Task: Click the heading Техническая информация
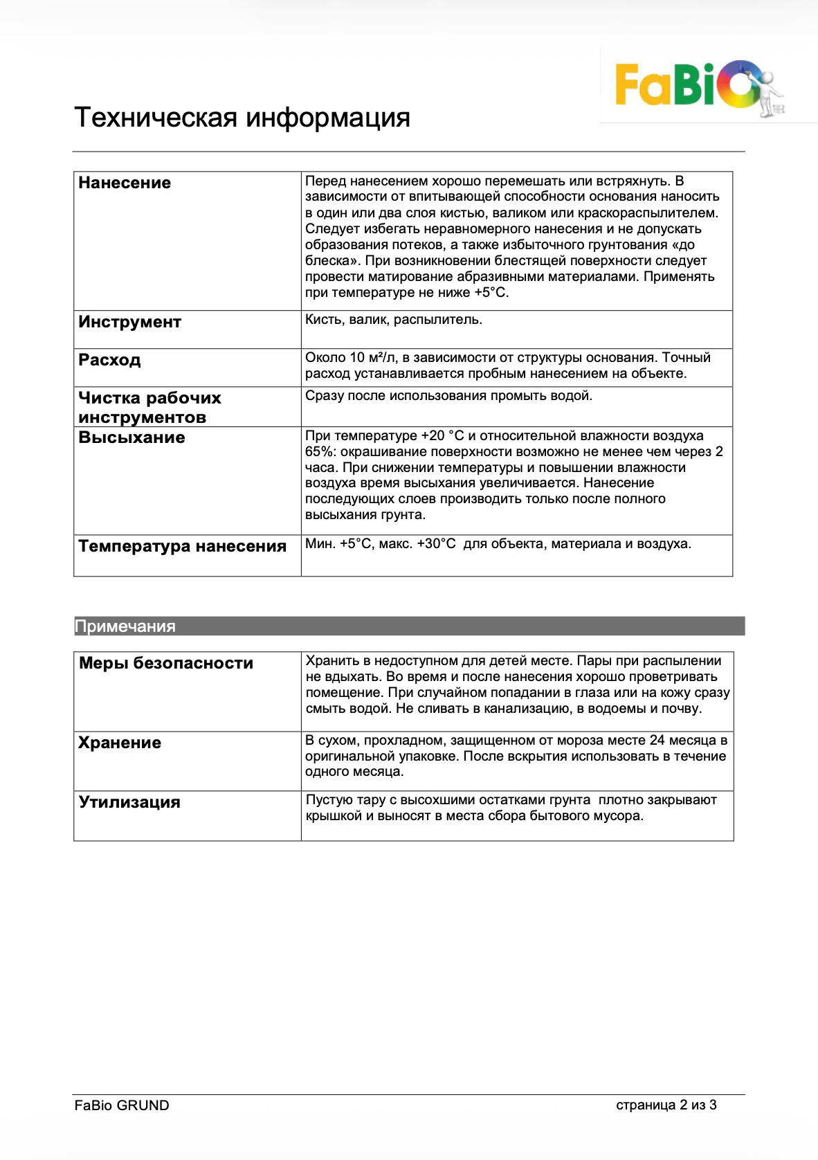[242, 118]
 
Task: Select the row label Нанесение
[125, 183]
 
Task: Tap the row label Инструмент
[130, 322]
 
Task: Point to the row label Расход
[109, 360]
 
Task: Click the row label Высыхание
[131, 437]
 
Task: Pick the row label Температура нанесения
[182, 546]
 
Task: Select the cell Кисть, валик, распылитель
[394, 320]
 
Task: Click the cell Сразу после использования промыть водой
[448, 396]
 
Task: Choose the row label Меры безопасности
[166, 663]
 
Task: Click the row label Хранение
[120, 743]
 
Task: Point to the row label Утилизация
[129, 802]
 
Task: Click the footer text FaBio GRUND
[122, 1105]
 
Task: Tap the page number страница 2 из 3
[666, 1105]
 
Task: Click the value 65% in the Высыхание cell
[321, 452]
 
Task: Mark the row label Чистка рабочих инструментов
[149, 408]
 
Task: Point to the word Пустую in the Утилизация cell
[329, 800]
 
